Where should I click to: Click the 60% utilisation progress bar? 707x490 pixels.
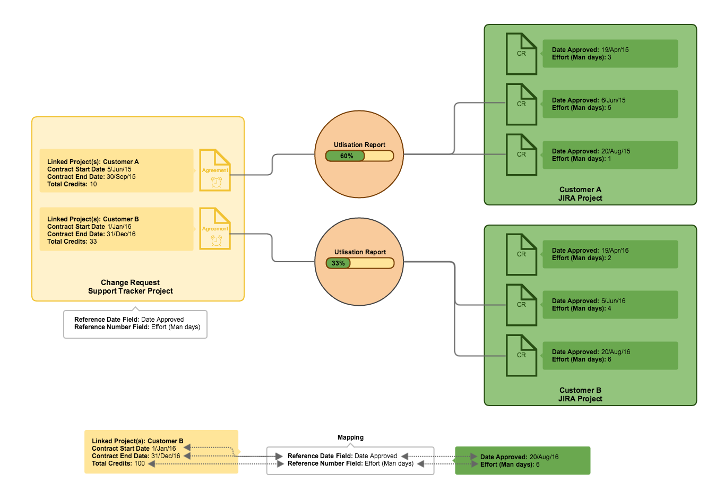[x=359, y=156]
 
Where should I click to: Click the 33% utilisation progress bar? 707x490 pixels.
[x=359, y=263]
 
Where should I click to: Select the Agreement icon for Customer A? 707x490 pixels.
[x=215, y=170]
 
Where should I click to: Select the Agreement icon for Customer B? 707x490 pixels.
[x=215, y=229]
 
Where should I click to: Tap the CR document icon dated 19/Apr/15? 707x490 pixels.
[x=521, y=54]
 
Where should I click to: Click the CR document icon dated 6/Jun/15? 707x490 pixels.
[x=521, y=105]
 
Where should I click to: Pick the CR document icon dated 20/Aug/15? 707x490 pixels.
[x=521, y=155]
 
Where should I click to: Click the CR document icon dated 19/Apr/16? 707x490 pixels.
[x=521, y=255]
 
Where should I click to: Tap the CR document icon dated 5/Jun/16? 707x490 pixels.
[x=521, y=305]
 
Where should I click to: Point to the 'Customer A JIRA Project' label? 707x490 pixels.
[x=580, y=194]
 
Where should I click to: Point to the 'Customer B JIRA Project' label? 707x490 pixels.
[x=580, y=394]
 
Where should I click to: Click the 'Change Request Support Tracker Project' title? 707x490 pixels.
[x=131, y=287]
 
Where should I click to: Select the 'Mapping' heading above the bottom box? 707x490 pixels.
[x=350, y=437]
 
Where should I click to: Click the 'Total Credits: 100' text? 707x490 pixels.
[x=118, y=463]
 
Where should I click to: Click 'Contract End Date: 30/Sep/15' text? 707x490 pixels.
[x=91, y=177]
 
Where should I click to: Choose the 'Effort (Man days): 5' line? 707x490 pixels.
[x=581, y=108]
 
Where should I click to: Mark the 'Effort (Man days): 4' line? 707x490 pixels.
[x=581, y=308]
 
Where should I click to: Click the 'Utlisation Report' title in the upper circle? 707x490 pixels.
[x=359, y=145]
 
